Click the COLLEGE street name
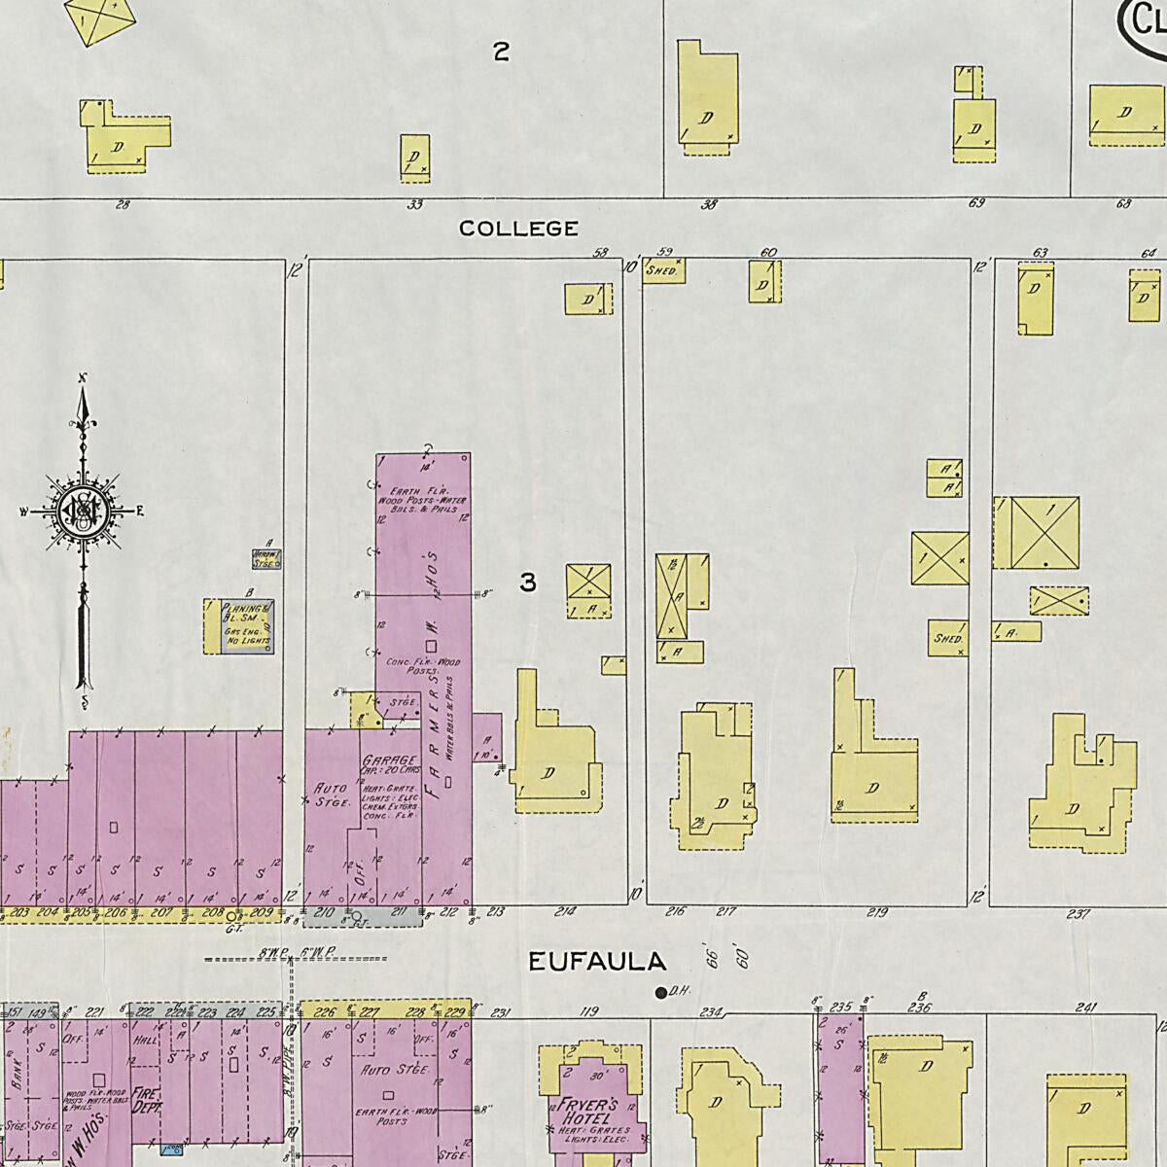click(x=518, y=229)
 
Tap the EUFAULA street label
click(x=597, y=963)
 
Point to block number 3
click(x=527, y=583)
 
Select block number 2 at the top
click(x=501, y=53)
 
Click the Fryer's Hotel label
click(x=596, y=1110)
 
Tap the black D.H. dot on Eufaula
click(x=660, y=993)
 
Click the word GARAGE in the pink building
click(x=389, y=760)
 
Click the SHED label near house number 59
click(x=661, y=271)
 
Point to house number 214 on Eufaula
click(x=565, y=912)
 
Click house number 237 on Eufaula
click(x=1078, y=913)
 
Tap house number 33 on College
click(x=415, y=205)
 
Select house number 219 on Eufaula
click(x=877, y=912)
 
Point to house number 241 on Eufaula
click(x=1086, y=1008)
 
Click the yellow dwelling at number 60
click(x=764, y=281)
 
